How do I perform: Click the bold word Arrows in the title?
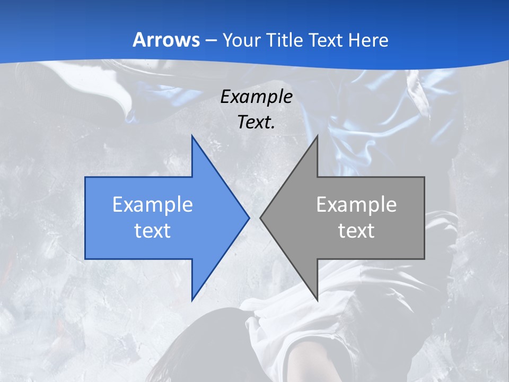click(166, 40)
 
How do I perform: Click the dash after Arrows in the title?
click(210, 40)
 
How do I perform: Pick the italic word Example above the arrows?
click(256, 97)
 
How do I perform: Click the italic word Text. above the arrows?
click(256, 122)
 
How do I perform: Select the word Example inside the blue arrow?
click(153, 204)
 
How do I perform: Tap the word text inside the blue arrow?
click(153, 230)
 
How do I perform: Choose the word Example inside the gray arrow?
click(356, 204)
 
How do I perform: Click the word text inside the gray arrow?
click(356, 230)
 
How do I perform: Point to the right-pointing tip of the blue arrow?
click(249, 218)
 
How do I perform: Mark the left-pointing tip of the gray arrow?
click(260, 218)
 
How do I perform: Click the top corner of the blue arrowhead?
click(192, 136)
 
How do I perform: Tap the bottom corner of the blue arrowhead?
click(192, 300)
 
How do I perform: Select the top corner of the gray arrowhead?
click(317, 136)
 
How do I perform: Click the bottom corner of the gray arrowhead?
click(317, 300)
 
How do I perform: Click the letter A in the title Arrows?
click(139, 40)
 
